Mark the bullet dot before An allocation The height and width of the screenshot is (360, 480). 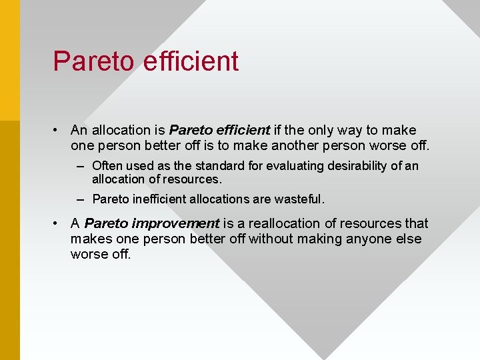(59, 130)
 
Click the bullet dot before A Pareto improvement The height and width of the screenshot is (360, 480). (59, 223)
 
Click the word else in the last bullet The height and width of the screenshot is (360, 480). (407, 239)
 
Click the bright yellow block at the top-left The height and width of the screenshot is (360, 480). (9, 60)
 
